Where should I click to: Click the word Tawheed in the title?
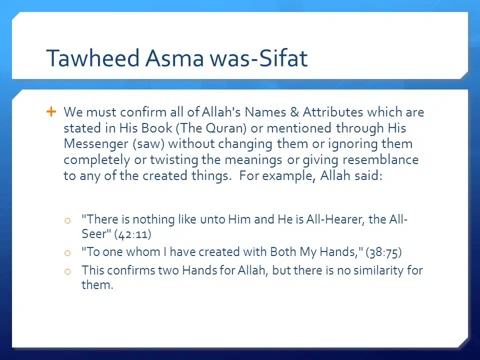pyautogui.click(x=93, y=57)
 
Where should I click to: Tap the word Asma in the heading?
pyautogui.click(x=174, y=57)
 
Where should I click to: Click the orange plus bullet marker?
pyautogui.click(x=51, y=111)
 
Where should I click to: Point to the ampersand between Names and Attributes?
pyautogui.click(x=294, y=112)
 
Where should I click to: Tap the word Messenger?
pyautogui.click(x=96, y=144)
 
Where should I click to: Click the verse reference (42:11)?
pyautogui.click(x=133, y=234)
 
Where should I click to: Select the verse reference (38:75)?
pyautogui.click(x=383, y=252)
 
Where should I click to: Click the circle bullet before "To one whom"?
pyautogui.click(x=67, y=253)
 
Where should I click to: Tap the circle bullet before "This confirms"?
pyautogui.click(x=67, y=271)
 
